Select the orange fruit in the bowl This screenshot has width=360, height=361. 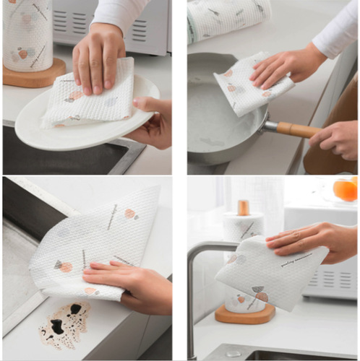click(345, 188)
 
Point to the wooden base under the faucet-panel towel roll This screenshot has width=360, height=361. click(246, 315)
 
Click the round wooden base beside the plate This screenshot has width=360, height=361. click(34, 74)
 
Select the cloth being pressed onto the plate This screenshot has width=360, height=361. click(87, 97)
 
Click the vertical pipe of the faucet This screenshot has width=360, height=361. click(192, 303)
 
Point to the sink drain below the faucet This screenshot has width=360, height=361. click(232, 354)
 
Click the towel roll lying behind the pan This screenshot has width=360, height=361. click(228, 18)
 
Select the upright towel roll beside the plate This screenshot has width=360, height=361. click(27, 32)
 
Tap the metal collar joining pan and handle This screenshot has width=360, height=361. click(269, 126)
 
